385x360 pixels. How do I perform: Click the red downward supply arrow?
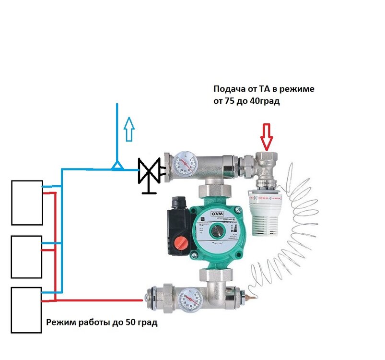[x=267, y=136]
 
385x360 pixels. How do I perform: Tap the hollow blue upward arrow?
[x=128, y=129]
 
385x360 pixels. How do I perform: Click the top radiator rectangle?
[x=27, y=202]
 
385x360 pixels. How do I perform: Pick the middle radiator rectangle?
[x=27, y=256]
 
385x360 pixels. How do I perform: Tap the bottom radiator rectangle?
[x=27, y=310]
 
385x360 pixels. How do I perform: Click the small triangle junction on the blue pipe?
[x=116, y=166]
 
